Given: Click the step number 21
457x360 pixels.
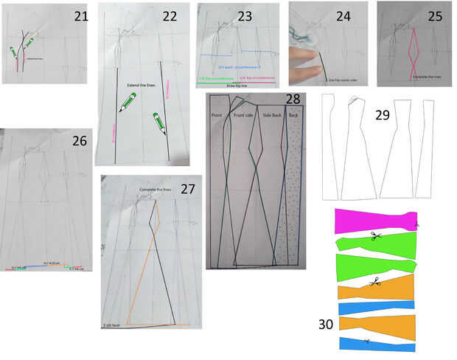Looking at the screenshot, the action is [80, 15].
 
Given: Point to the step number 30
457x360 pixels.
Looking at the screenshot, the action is [326, 325].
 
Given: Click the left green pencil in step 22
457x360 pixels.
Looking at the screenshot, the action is [128, 103].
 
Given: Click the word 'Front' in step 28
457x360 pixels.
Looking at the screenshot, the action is [217, 116].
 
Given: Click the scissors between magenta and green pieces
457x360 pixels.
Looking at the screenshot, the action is [374, 236].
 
